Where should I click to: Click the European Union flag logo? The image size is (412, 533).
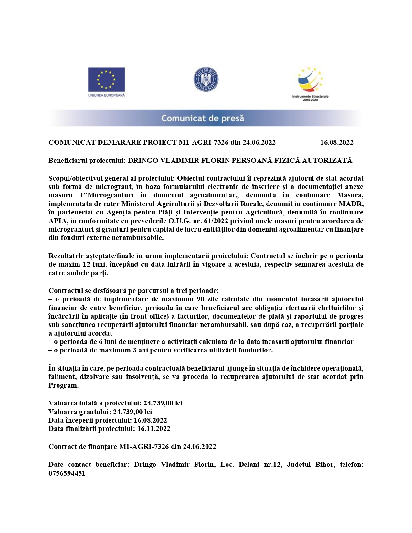106,79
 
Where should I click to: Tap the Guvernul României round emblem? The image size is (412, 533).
206,79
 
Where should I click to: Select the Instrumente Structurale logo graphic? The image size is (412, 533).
310,80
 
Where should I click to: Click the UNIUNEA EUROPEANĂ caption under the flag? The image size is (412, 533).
106,95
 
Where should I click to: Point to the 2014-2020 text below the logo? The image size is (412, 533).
310,100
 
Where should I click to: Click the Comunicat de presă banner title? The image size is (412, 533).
203,118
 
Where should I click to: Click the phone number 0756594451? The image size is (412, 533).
67,473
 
